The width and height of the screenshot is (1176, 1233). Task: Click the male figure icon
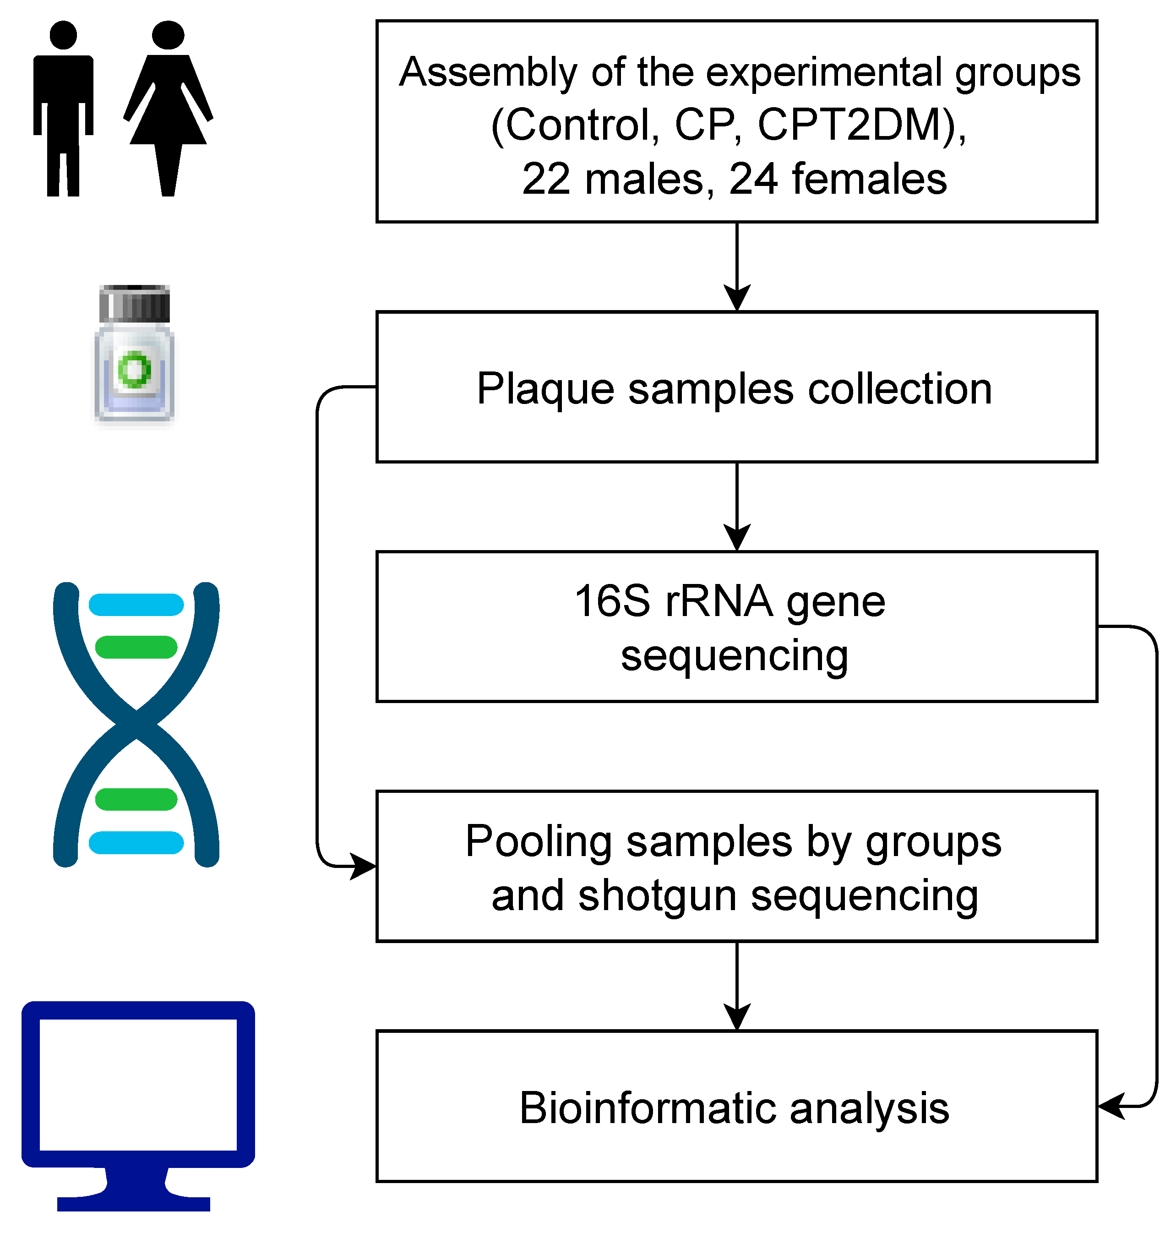63,107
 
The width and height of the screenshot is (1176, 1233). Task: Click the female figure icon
168,107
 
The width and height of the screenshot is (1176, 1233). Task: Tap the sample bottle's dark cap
135,303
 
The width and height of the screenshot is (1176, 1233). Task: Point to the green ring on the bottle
134,370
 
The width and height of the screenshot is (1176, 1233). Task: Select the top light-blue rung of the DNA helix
136,605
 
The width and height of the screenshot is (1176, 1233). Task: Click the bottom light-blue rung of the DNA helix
136,842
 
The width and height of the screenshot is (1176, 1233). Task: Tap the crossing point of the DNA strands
136,725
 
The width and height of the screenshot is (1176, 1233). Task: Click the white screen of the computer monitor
138,1085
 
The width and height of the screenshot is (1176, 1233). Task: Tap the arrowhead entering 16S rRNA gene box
737,537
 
